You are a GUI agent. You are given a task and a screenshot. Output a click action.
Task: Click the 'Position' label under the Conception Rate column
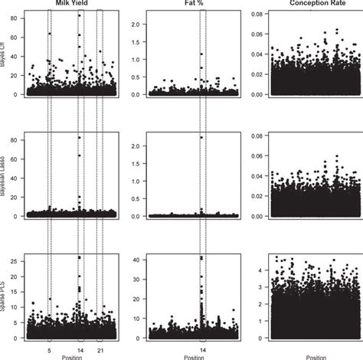(314, 356)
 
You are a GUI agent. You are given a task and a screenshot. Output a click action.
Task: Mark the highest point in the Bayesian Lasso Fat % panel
(201, 137)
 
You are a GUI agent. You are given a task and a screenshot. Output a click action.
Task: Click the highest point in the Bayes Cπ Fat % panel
(201, 54)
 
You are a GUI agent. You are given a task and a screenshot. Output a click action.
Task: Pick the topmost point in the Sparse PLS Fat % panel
(201, 258)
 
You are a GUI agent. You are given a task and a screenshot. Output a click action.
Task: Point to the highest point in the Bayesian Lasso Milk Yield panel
(80, 137)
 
